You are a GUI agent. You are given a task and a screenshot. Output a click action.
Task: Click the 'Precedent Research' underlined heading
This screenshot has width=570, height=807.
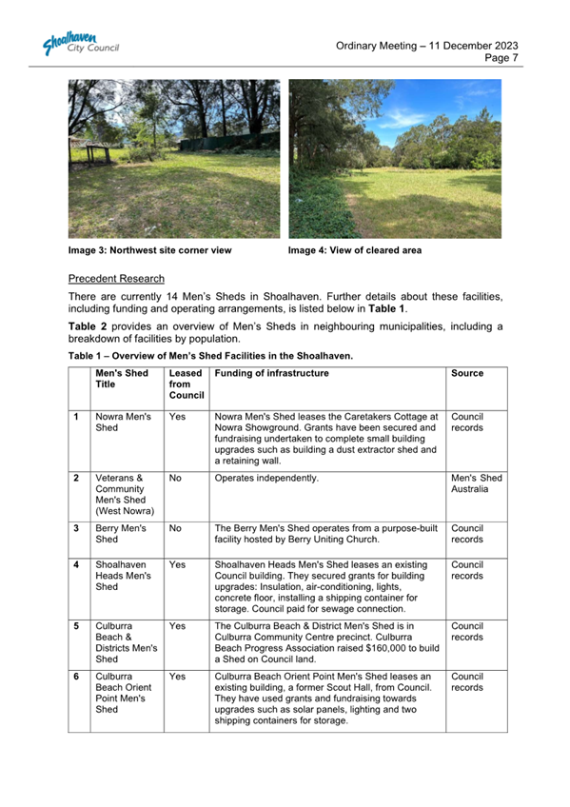(116, 280)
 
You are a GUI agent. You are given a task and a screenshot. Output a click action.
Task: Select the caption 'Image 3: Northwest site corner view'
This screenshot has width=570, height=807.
(149, 251)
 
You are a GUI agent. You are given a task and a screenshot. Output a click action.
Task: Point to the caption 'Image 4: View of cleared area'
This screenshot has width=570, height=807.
(354, 251)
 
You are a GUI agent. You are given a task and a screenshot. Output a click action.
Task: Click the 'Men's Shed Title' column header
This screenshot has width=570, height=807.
(119, 379)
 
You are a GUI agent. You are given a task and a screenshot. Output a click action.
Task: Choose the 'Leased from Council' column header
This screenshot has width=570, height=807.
(186, 384)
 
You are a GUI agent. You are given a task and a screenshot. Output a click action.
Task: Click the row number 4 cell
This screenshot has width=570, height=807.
(75, 564)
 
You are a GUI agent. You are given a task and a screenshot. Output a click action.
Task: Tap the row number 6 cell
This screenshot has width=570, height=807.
(75, 676)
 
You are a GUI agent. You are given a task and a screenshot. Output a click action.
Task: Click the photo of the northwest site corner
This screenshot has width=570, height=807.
(174, 159)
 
